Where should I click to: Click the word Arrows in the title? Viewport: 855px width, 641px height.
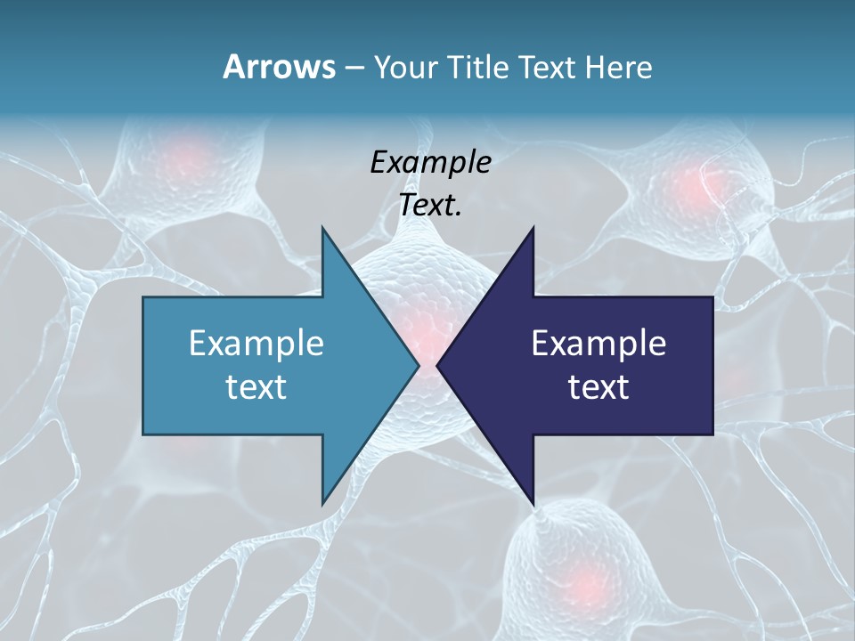tap(278, 67)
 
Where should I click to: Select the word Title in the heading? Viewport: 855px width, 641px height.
tap(478, 68)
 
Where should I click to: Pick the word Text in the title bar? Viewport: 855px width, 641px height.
tap(547, 68)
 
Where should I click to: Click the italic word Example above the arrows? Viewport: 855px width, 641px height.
tap(431, 163)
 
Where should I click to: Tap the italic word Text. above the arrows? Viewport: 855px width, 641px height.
tap(431, 206)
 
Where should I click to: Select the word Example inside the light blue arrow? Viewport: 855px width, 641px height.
tap(256, 344)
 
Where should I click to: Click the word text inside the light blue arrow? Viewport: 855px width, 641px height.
tap(256, 387)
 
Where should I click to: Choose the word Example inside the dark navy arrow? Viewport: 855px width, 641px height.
tap(598, 344)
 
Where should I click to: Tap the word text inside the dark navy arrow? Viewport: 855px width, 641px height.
tap(598, 387)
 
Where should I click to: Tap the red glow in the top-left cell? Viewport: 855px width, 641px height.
tap(187, 160)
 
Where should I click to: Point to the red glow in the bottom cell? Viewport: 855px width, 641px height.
tap(583, 583)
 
